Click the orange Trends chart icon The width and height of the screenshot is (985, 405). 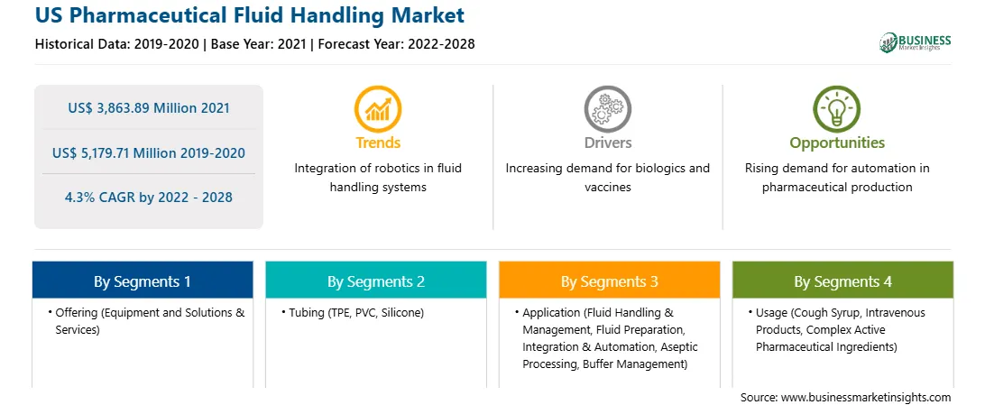click(x=378, y=109)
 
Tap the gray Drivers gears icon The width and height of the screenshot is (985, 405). click(x=607, y=109)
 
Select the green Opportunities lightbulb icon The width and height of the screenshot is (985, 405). click(x=837, y=109)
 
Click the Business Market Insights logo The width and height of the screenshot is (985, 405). click(x=916, y=42)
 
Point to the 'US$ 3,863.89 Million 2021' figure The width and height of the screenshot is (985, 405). click(x=149, y=107)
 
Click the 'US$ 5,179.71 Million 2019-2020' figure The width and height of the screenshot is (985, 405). click(x=149, y=152)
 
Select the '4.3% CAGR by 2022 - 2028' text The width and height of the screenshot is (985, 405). click(x=149, y=198)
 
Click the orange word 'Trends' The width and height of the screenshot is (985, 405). click(x=378, y=143)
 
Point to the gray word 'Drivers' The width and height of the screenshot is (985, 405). click(x=607, y=143)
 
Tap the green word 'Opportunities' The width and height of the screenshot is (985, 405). click(x=837, y=143)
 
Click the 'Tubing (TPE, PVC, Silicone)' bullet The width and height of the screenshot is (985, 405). click(x=353, y=313)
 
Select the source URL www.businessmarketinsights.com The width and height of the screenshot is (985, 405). click(x=866, y=397)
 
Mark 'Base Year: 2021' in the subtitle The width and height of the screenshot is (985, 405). click(x=260, y=44)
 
